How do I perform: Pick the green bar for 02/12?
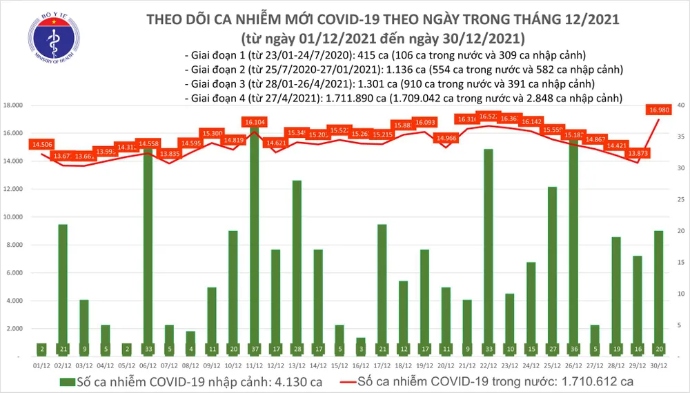pyautogui.click(x=63, y=290)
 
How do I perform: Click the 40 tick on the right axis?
pyautogui.click(x=680, y=105)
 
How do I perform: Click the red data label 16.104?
pyautogui.click(x=255, y=121)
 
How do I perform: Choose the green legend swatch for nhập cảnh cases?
pyautogui.click(x=70, y=382)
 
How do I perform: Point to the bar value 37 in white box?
pyautogui.click(x=255, y=349)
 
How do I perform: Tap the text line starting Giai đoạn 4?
pyautogui.click(x=403, y=99)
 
